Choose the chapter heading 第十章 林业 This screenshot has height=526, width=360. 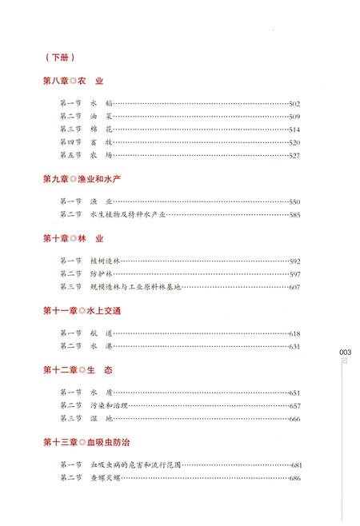pos(74,238)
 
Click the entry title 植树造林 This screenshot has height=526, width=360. pos(104,261)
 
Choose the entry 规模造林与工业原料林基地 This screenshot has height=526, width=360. pos(136,287)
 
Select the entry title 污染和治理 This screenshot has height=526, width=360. pos(104,406)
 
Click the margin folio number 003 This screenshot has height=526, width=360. pos(346,352)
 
